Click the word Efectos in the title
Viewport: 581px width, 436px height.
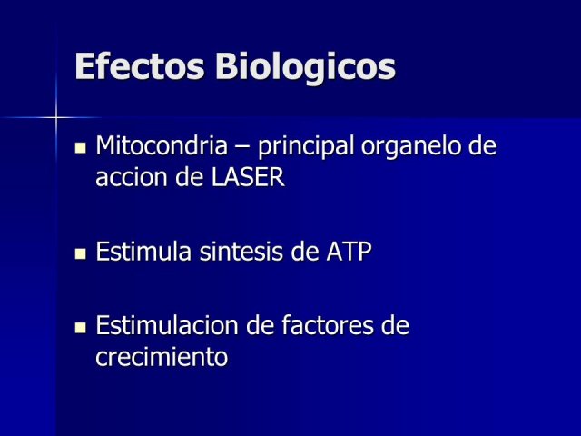click(x=140, y=66)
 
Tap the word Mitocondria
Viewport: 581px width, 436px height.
click(x=162, y=145)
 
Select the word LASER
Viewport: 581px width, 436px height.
click(x=248, y=177)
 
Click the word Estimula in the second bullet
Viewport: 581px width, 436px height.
click(x=143, y=251)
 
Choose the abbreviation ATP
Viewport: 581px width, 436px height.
click(x=349, y=252)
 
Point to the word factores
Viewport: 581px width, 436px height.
click(x=327, y=325)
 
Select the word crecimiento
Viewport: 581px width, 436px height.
click(x=162, y=357)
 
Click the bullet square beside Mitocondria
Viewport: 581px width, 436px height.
click(x=81, y=148)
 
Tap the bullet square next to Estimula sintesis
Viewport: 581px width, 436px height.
click(x=81, y=254)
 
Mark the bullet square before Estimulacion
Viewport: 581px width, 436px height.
click(x=81, y=328)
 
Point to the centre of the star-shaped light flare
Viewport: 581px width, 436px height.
click(x=56, y=118)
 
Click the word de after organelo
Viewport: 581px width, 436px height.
click(x=482, y=145)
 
